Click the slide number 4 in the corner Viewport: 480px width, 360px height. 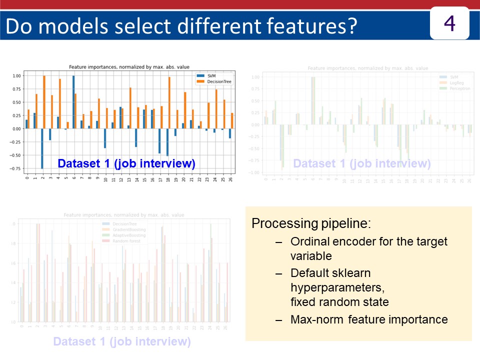click(x=449, y=23)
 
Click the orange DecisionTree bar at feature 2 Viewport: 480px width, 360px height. click(x=44, y=102)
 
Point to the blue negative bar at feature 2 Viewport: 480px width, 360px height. click(x=42, y=148)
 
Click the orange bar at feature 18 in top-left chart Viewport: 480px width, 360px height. click(x=169, y=102)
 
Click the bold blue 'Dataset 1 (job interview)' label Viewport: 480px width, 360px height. click(x=126, y=163)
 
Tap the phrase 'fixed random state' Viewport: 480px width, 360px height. click(x=339, y=302)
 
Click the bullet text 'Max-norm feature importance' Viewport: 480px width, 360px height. click(x=369, y=319)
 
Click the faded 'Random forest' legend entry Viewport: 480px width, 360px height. click(x=126, y=240)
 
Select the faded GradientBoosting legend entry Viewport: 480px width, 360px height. click(x=129, y=229)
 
